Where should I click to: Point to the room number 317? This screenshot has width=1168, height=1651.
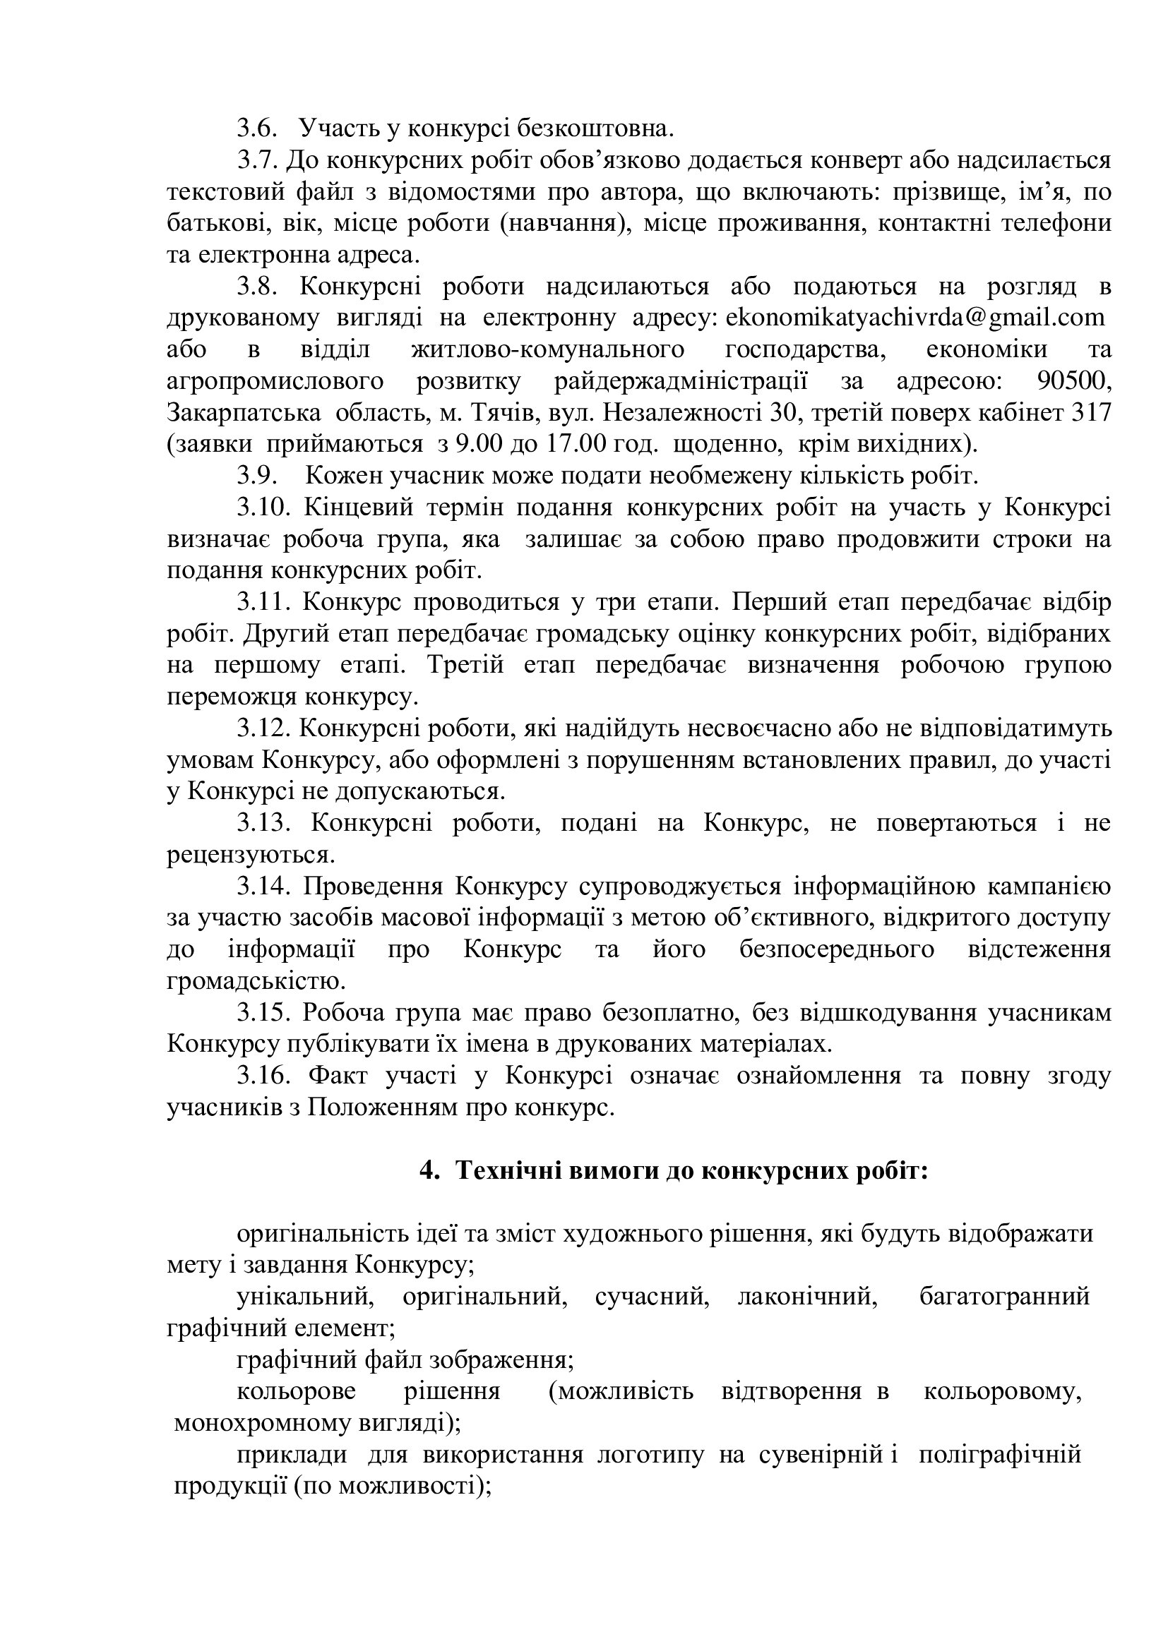pyautogui.click(x=1091, y=413)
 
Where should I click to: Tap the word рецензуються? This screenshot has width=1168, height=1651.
pyautogui.click(x=250, y=855)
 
